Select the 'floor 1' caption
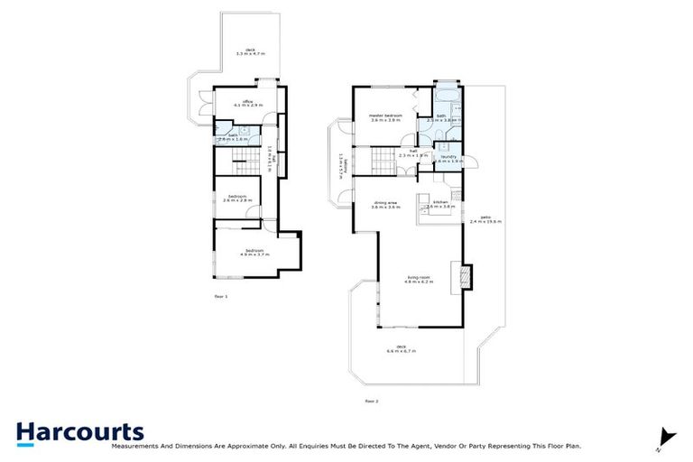pos(221,296)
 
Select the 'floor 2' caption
pos(371,401)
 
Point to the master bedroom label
pos(385,115)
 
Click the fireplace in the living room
pos(467,276)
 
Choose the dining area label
pos(385,203)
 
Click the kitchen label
pos(440,202)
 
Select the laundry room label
pos(448,157)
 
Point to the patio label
pos(485,217)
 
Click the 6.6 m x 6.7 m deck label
pos(400,349)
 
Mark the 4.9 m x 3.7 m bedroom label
pos(255,251)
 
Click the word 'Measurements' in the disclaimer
pos(136,446)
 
